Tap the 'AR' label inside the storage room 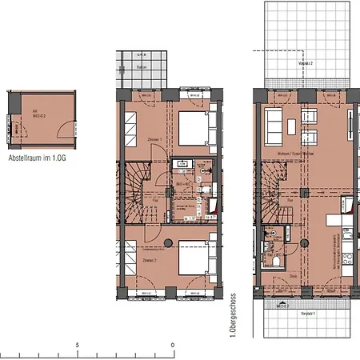click(x=34, y=112)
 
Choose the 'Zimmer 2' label click(x=149, y=261)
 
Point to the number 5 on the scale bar click(x=77, y=346)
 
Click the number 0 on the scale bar click(x=173, y=346)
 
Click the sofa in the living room click(x=274, y=125)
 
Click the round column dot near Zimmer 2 click(x=167, y=242)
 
